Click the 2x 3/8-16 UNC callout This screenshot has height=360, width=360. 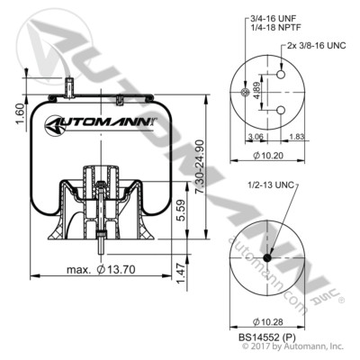coord(310,43)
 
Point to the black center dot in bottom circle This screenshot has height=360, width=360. coord(267,259)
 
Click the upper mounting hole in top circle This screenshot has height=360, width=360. coord(278,78)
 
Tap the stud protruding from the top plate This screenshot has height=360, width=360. coord(67,87)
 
